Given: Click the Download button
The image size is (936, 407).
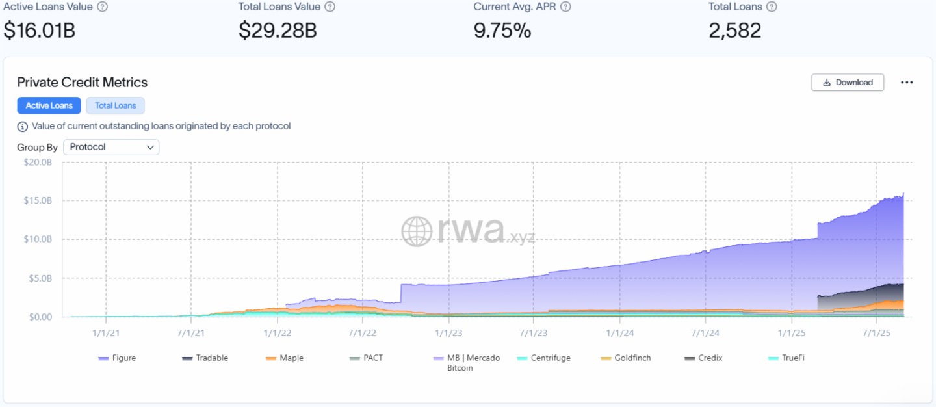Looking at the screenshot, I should (848, 83).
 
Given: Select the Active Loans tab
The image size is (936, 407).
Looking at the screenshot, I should (49, 105).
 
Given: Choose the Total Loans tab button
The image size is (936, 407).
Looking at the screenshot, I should (116, 105).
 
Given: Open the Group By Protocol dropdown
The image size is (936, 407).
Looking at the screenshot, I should (111, 147).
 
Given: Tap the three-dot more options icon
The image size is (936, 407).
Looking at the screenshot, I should (907, 83).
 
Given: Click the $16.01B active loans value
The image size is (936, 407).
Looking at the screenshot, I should (40, 31).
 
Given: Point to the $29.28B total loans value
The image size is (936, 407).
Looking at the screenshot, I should (278, 31).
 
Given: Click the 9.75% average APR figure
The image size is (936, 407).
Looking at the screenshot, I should (502, 31).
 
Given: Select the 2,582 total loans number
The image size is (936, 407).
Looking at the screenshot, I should (734, 31).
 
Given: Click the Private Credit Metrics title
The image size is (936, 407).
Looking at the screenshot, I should (83, 82).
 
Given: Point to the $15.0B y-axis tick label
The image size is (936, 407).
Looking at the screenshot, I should (37, 200).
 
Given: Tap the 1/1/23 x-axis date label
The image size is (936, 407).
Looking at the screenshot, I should (448, 333).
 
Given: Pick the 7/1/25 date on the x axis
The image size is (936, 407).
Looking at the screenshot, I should (876, 333).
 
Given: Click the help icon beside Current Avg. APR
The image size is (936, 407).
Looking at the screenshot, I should (565, 7).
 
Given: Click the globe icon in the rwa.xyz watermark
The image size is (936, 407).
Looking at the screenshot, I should (417, 231).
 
